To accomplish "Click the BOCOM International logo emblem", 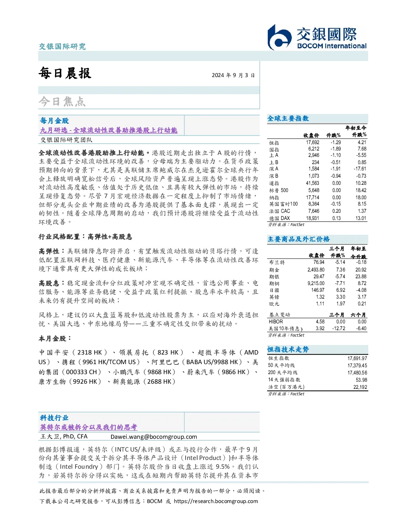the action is coord(279,37).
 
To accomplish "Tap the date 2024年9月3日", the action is coord(233,75).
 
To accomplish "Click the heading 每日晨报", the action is coord(65,73).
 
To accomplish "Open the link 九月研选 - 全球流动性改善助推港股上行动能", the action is coord(109,130).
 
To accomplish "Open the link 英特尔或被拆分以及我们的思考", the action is coord(89,427).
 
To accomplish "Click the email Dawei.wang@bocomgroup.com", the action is coord(154,437).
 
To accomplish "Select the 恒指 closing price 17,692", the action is coord(312,143).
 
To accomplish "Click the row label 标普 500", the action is coord(279,190).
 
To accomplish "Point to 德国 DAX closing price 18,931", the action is coord(312,218).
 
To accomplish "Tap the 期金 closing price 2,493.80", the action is coord(316,269).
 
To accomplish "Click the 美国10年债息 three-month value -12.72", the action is coord(339,328).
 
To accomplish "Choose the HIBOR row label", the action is coord(276,321).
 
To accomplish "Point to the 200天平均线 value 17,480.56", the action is coord(357,372).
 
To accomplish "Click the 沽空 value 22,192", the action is coord(360,387).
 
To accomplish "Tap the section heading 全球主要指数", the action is coord(288,118).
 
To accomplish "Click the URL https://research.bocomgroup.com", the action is coord(216,501).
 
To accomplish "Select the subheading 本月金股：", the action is coord(55,339).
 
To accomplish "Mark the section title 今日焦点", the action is coord(62,101).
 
